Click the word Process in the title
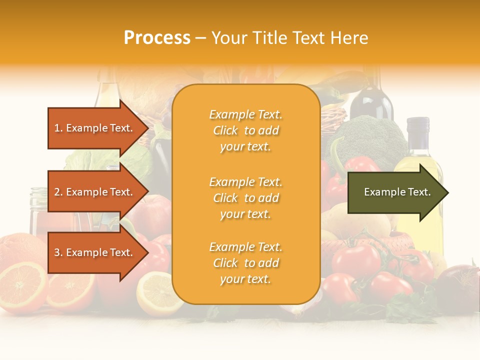tap(157, 38)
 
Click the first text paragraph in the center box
tap(245, 130)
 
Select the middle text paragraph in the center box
tap(245, 198)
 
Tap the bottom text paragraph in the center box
tap(245, 263)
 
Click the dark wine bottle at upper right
tap(371, 100)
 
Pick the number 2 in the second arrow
tap(57, 192)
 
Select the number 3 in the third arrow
tap(57, 252)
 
